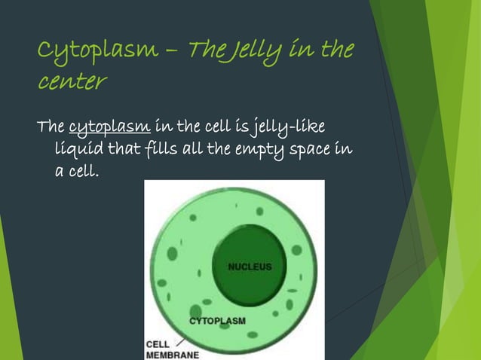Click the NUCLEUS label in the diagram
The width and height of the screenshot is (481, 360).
point(250,267)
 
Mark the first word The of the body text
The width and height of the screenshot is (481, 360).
point(51,125)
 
